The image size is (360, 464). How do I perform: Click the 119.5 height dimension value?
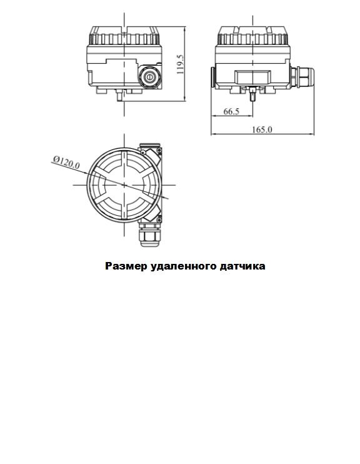(x=181, y=64)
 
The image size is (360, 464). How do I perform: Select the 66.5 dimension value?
(x=231, y=111)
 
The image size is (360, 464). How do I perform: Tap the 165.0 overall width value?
(x=262, y=129)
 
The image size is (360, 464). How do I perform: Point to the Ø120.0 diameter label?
(x=66, y=163)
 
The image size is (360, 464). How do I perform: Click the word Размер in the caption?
(x=126, y=266)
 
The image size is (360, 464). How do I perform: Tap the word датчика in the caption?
(x=242, y=266)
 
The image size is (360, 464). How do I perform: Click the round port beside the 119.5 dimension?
(x=149, y=77)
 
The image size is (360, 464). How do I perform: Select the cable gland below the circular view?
(x=149, y=234)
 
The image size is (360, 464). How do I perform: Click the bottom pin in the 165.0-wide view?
(x=252, y=94)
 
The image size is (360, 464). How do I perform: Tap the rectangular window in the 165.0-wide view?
(x=252, y=77)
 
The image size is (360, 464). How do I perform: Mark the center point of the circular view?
(x=124, y=184)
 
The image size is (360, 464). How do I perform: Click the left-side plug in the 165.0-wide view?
(x=212, y=76)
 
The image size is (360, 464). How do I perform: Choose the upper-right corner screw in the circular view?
(x=159, y=151)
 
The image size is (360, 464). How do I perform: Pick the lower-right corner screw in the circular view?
(x=159, y=219)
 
